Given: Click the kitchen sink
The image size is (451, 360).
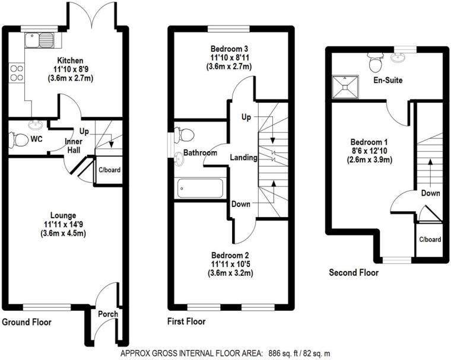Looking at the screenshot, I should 39,40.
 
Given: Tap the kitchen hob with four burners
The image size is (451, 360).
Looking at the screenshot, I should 17,73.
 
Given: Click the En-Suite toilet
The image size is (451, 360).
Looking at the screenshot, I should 374,61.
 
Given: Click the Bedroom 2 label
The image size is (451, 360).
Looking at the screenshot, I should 230,254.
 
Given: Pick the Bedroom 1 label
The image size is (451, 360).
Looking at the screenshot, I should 369,142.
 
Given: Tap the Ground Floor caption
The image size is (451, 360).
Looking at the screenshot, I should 26,323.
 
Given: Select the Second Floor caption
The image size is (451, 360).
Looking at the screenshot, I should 354,273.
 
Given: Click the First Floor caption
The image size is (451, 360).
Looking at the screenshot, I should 186,322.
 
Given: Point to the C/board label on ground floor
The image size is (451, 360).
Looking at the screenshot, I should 109,170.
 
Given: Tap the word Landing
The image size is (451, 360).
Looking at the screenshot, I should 244,158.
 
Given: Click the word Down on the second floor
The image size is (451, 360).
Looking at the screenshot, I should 430,193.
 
